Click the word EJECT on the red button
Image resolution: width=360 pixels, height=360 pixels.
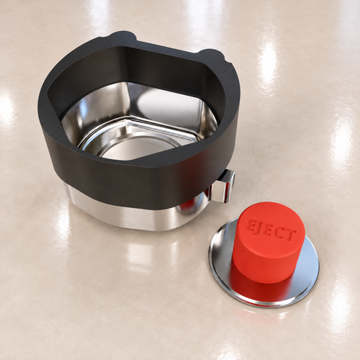[x=271, y=230]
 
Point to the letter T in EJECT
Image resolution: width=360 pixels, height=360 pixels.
[x=290, y=235]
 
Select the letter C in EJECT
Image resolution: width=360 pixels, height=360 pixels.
[x=279, y=231]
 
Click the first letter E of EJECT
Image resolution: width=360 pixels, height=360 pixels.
[x=251, y=224]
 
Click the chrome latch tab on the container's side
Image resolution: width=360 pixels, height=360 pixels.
[x=224, y=185]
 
